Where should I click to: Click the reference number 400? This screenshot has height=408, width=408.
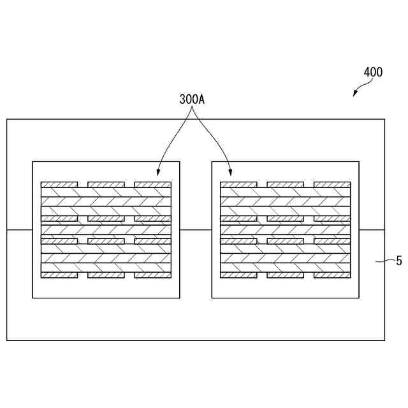(x=373, y=72)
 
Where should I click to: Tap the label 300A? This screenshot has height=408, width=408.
(x=192, y=100)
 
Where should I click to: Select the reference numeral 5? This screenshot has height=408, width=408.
(x=398, y=260)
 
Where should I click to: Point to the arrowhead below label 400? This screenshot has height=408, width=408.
(x=356, y=95)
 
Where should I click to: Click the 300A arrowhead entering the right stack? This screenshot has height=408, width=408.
(x=231, y=173)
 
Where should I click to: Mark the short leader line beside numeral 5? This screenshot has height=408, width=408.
(x=384, y=260)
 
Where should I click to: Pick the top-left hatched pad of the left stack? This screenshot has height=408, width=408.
(x=59, y=185)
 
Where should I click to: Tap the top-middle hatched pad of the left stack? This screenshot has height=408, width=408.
(x=106, y=185)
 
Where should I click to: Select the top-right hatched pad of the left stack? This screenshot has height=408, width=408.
(x=153, y=185)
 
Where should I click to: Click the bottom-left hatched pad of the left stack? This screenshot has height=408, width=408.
(x=59, y=275)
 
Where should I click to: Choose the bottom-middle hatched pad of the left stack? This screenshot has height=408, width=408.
(x=106, y=275)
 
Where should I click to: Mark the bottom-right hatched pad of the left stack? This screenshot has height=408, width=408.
(x=153, y=275)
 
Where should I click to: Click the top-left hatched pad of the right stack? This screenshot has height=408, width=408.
(x=238, y=185)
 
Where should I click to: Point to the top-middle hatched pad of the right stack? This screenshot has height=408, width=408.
(x=285, y=185)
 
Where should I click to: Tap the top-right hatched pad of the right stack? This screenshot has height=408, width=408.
(x=332, y=185)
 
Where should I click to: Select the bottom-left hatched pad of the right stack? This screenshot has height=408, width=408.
(x=238, y=275)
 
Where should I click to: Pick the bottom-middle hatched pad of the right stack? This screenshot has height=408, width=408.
(x=285, y=275)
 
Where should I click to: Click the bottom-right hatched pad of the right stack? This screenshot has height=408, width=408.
(x=332, y=275)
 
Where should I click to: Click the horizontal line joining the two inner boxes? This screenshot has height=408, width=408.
(x=196, y=229)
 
